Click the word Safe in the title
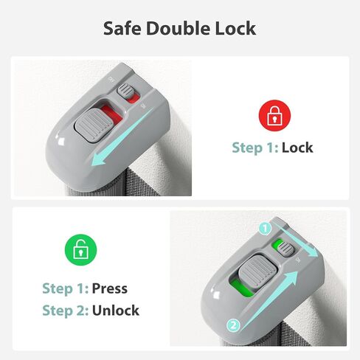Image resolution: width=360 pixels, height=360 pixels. [122, 28]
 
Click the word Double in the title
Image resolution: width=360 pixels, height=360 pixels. [179, 28]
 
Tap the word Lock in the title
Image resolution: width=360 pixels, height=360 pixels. [235, 28]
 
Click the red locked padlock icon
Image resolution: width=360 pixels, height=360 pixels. [274, 115]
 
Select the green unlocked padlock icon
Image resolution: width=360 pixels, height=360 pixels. [80, 249]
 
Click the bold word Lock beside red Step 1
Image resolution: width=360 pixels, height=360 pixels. [297, 148]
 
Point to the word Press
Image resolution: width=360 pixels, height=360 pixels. [110, 288]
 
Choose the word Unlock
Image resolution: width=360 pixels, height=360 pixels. [116, 311]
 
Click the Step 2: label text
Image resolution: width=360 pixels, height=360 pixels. [66, 311]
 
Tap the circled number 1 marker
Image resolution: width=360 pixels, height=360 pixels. [265, 229]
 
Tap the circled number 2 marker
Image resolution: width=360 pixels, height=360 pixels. [233, 325]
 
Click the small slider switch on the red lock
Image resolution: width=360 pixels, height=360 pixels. [125, 91]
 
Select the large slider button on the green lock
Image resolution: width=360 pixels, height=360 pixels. [257, 271]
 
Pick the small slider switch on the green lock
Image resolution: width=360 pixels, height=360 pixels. [286, 249]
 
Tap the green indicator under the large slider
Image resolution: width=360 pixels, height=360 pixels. [242, 288]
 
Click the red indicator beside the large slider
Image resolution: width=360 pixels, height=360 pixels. [112, 114]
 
